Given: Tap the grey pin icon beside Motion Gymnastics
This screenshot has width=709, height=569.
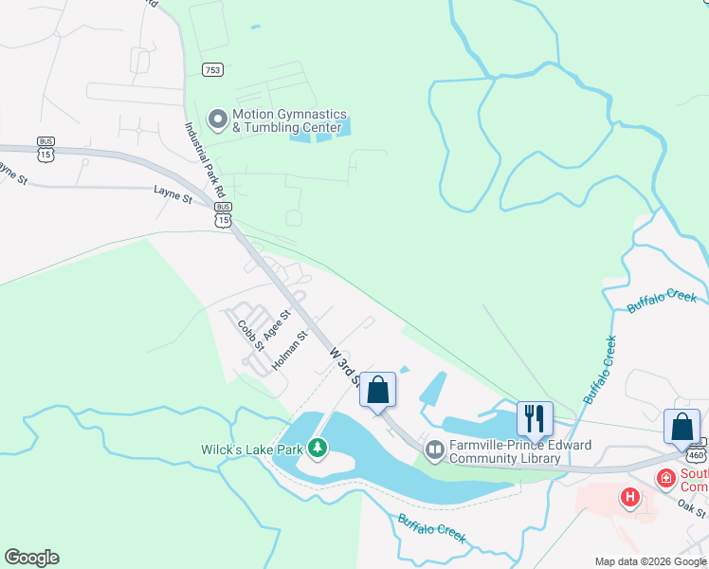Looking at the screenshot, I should click(218, 119).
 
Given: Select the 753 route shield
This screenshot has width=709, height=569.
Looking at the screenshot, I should click(212, 69).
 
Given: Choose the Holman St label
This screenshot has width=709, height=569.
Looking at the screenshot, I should click(290, 350).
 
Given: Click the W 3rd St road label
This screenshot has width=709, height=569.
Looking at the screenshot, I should click(344, 365).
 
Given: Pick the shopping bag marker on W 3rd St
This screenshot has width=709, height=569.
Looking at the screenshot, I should click(377, 390).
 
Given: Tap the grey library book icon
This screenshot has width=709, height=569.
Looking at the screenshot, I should click(435, 450).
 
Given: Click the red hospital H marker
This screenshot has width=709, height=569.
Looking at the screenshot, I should click(629, 496).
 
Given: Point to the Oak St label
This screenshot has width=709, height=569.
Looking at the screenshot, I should click(692, 505).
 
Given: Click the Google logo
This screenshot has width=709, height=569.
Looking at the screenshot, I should click(31, 558).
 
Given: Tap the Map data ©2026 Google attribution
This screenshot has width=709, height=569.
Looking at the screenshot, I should click(651, 560).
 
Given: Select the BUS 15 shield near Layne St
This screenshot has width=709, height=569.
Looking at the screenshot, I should click(223, 213).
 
